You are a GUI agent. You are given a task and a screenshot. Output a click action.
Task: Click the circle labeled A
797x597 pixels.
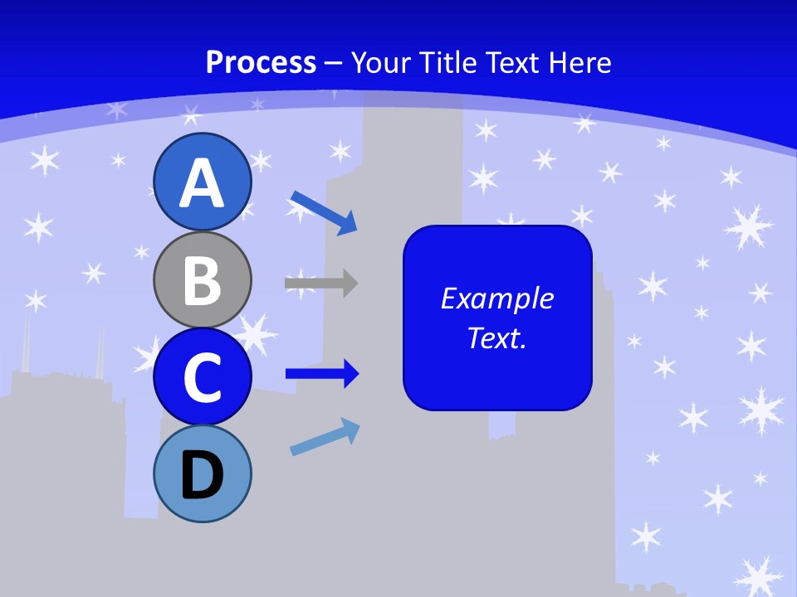pos(203,182)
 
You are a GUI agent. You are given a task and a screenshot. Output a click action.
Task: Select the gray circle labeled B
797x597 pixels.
pos(203,279)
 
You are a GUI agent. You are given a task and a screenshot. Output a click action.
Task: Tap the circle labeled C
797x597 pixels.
pos(203,376)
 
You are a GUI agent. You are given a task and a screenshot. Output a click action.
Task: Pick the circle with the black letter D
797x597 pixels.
pos(203,473)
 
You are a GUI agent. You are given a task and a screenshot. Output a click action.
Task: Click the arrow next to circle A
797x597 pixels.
pos(323,211)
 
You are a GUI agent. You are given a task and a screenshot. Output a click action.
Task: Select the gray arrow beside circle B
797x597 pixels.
pos(321,283)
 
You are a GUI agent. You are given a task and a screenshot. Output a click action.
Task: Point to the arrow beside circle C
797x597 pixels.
pos(322,374)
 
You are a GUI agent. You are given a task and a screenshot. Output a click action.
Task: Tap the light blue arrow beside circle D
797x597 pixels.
pos(325,437)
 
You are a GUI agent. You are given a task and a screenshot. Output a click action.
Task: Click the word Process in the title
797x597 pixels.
pos(261,62)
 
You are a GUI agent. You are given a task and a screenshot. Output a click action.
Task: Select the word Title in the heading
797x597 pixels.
pos(450,62)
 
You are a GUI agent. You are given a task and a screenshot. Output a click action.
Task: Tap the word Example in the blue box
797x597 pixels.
pos(496,298)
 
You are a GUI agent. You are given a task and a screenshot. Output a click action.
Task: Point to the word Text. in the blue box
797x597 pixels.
pos(496,337)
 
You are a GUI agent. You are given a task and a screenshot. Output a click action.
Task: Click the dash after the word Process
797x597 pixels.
pos(334,63)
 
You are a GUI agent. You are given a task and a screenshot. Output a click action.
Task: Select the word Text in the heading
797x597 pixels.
pos(514,62)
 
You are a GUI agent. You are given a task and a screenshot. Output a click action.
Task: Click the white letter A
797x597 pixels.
pos(203,183)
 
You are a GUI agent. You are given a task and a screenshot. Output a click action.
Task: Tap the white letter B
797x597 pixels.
pos(203,280)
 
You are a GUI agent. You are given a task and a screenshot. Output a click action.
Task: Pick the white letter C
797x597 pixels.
pos(203,377)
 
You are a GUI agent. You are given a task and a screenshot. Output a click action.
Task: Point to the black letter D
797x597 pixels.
pos(203,475)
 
